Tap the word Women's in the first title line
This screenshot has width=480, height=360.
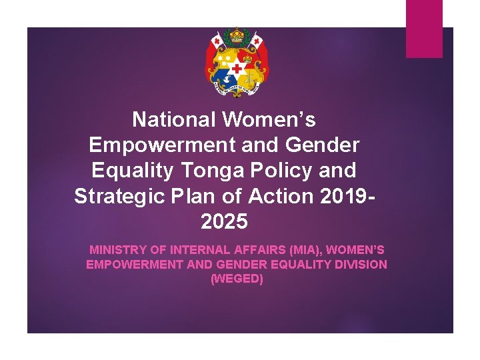[269, 120]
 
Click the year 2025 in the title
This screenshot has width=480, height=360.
[223, 221]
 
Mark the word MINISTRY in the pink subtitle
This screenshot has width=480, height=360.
[116, 250]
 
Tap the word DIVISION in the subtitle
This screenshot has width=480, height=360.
[362, 264]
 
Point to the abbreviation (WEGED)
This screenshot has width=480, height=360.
[237, 279]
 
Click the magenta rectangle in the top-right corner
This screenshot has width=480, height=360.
[424, 29]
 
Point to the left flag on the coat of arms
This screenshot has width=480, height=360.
[215, 43]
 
